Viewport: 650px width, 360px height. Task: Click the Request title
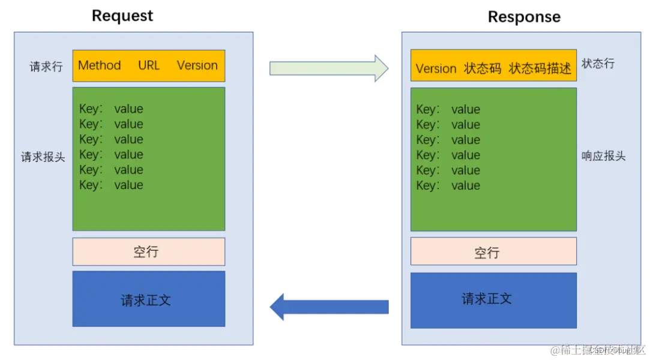122,16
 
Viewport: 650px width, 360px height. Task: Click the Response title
524,17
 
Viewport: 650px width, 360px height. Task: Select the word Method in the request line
100,65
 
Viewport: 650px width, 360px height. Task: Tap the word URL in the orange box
149,65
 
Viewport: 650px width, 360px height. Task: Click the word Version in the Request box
197,65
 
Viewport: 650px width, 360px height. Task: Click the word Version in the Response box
436,68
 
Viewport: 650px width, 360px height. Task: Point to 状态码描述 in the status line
540,68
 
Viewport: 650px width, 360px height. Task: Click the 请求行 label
46,67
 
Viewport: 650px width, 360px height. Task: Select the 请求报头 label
43,157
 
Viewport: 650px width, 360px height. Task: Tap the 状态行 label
598,64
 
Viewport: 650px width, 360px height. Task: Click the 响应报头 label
603,156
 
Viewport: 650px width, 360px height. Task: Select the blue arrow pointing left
329,307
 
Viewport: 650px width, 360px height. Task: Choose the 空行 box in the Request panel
148,251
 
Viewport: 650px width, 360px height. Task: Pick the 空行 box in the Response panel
493,251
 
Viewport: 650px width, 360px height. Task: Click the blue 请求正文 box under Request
148,299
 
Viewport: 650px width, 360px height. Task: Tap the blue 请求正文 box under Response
493,299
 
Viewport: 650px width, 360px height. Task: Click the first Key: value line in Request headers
111,109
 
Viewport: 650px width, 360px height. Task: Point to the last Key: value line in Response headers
448,185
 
